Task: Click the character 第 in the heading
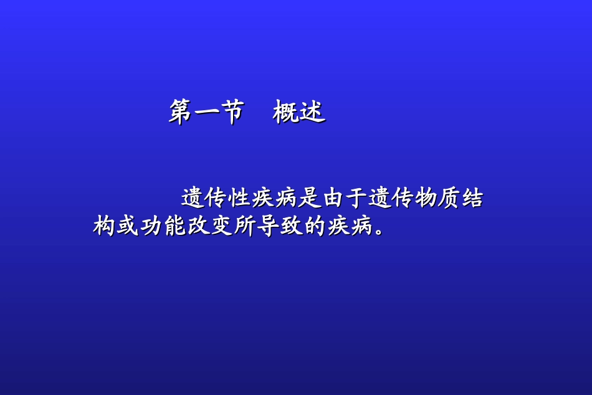[180, 112]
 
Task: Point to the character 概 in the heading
[285, 112]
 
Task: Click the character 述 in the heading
[312, 112]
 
